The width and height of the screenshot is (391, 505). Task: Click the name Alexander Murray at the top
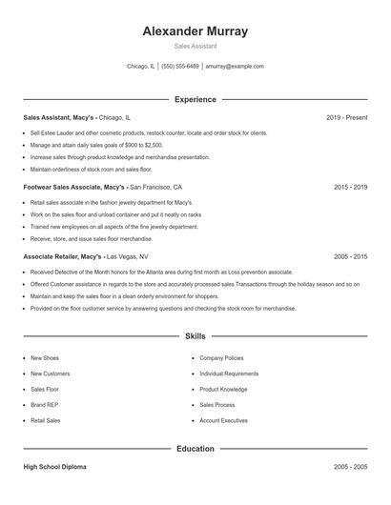[195, 30]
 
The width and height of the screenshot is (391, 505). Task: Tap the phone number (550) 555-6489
[180, 67]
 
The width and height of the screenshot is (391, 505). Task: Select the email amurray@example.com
[235, 67]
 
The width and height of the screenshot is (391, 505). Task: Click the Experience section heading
[195, 99]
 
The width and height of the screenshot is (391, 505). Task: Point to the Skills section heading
[195, 336]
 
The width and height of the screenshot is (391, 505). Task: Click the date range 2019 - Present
[346, 117]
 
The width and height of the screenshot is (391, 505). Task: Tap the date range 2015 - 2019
[350, 188]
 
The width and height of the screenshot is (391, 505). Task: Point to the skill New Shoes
[45, 358]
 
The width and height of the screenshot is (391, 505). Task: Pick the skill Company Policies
[222, 358]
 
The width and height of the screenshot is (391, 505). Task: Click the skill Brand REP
[44, 405]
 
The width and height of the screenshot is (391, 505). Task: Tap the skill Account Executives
[224, 420]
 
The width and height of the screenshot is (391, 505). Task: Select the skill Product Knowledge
[223, 390]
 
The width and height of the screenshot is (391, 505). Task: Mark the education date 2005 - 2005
[350, 468]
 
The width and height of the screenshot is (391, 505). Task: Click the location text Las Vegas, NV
[128, 257]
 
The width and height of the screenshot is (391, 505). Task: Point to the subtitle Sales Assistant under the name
[195, 46]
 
